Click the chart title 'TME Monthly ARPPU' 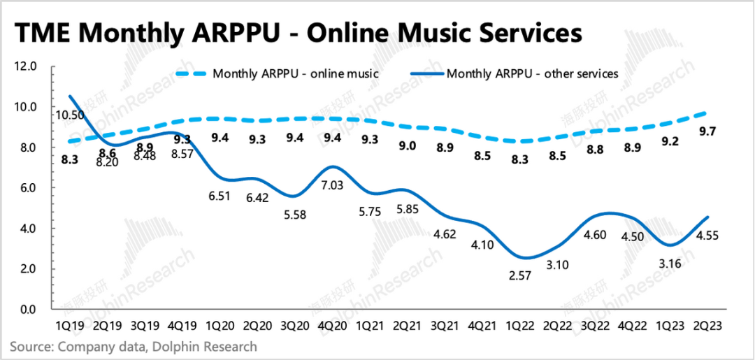(298, 33)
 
